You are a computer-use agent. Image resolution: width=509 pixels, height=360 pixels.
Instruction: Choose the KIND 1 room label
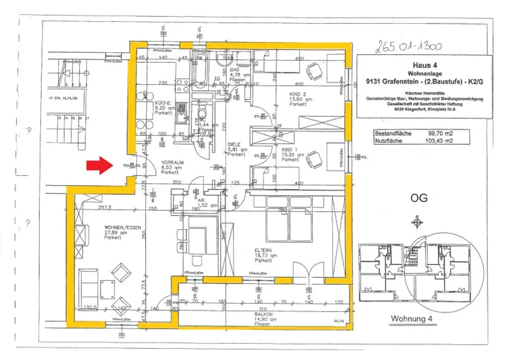[290, 149]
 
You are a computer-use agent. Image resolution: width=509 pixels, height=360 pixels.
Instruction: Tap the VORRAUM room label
[170, 162]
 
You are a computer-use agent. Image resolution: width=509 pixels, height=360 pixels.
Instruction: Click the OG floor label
[419, 197]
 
